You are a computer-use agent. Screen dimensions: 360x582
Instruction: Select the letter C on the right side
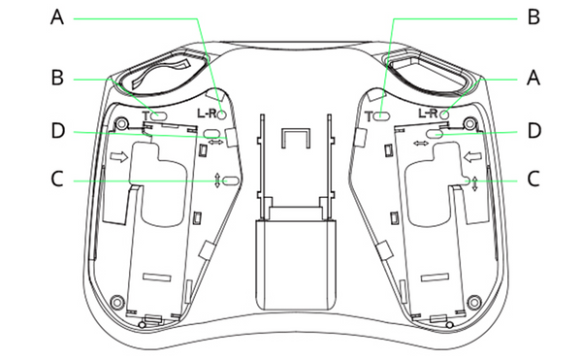[x=532, y=180]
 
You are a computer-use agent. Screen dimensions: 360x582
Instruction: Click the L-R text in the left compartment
[x=207, y=114]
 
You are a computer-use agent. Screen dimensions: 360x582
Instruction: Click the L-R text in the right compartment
[x=428, y=114]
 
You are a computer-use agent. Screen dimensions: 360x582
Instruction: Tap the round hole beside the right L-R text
[x=445, y=114]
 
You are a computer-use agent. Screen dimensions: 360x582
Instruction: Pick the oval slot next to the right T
[x=381, y=115]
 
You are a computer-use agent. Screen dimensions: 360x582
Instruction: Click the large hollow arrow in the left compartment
[x=118, y=156]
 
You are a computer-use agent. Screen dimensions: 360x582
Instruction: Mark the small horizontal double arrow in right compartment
[x=421, y=144]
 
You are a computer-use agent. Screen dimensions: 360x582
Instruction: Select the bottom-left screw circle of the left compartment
[x=117, y=299]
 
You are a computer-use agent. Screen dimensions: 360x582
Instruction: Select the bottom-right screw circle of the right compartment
[x=473, y=299]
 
